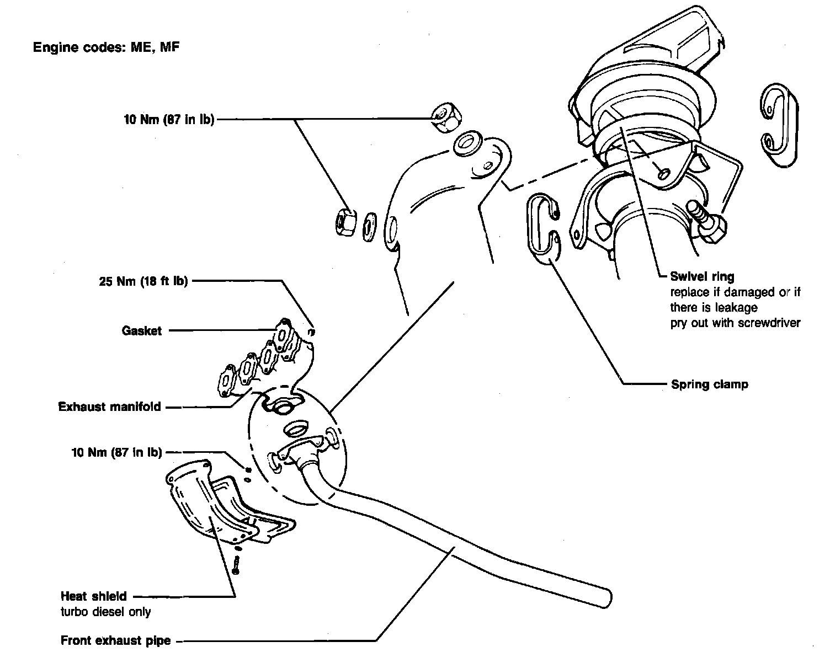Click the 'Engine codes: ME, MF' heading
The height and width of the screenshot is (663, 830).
(x=106, y=47)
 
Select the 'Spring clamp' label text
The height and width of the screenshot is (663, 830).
(x=709, y=384)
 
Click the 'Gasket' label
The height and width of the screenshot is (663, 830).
(x=142, y=331)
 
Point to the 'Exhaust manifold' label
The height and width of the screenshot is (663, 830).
(x=110, y=407)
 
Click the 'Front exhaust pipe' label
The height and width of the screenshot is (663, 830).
(x=115, y=641)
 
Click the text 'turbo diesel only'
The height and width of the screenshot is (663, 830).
(x=105, y=611)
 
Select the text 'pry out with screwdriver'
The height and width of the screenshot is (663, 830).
(x=735, y=323)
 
